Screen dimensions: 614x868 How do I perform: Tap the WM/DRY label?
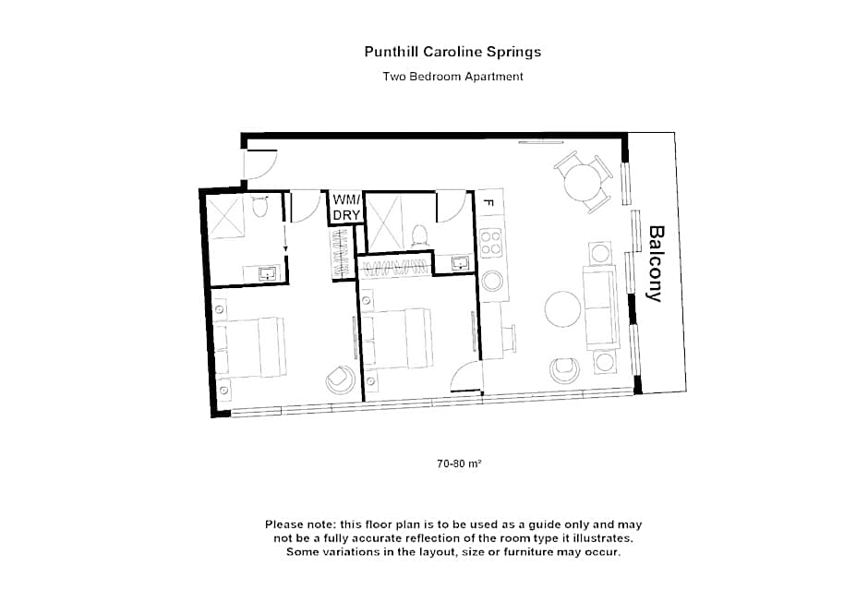346,207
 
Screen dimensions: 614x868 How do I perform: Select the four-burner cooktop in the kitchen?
491,243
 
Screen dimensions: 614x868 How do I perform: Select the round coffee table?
562,309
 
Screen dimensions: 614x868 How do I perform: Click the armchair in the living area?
564,370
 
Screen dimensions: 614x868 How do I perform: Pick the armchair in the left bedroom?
340,379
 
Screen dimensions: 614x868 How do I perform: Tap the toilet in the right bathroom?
418,235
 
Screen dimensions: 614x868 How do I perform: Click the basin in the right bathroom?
459,263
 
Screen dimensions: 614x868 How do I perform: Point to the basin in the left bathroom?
267,272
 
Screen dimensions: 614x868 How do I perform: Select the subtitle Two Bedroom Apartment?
452,77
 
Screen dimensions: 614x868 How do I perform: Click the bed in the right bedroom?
397,338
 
